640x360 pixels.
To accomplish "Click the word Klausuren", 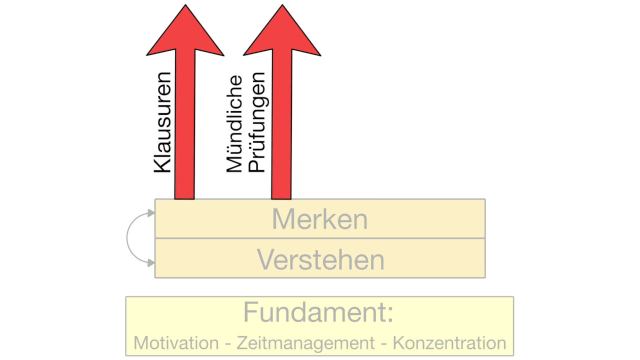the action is tap(162, 122).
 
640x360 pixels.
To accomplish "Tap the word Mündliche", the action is tap(234, 123).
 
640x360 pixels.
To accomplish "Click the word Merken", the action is tap(319, 219).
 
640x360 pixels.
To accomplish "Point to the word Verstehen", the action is tap(320, 259).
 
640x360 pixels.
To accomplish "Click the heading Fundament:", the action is tap(318, 312).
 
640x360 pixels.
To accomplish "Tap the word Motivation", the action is tap(176, 342).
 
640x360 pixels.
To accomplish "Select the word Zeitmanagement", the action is tap(305, 343).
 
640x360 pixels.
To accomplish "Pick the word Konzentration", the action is tap(449, 342).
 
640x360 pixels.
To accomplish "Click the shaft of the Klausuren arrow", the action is tap(185, 124).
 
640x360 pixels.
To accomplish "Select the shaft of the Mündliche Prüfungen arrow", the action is tap(281, 124).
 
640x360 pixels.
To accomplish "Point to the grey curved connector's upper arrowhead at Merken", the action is tap(151, 213).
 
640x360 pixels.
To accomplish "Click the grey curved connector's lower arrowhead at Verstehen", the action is tap(151, 263).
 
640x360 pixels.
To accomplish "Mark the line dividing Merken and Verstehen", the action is tap(320, 238).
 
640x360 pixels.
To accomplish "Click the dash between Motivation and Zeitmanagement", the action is tap(227, 344).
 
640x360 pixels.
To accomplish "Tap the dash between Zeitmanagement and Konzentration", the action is tap(384, 344).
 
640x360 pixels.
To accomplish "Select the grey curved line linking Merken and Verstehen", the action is tap(127, 237).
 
